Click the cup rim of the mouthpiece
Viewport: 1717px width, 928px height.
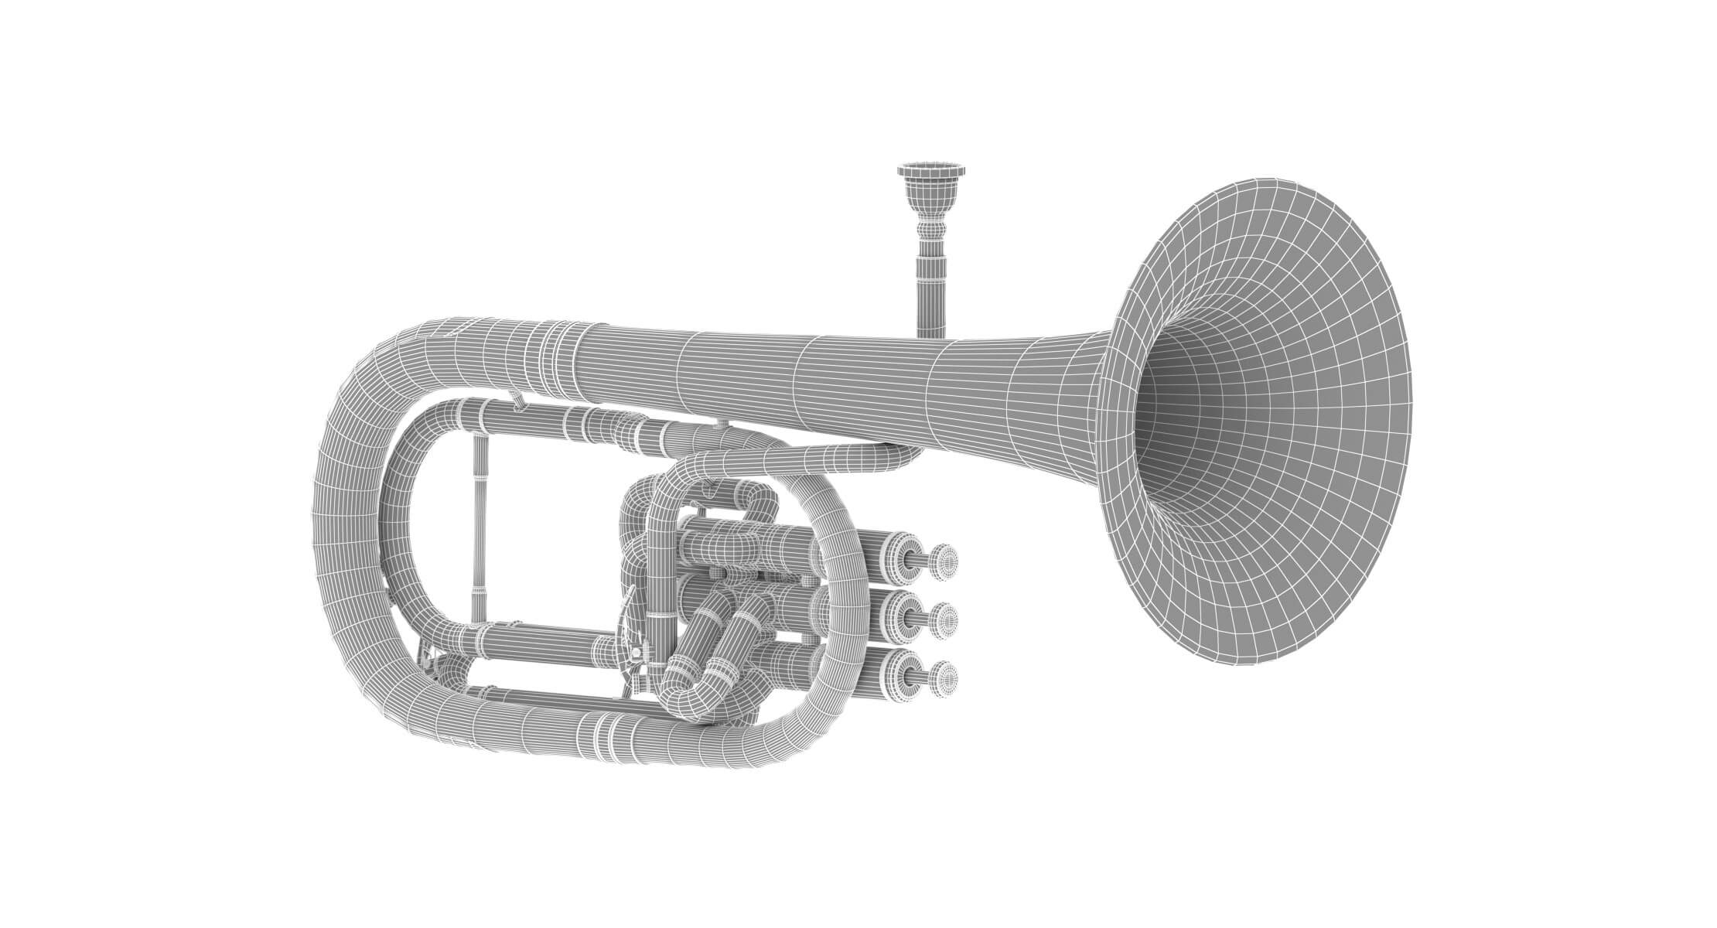[931, 167]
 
